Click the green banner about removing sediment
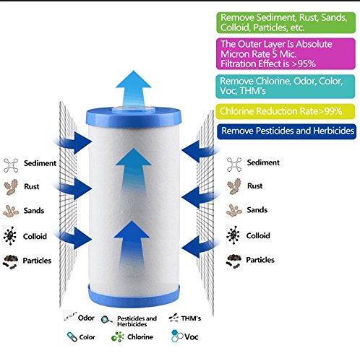(286, 22)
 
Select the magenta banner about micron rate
(286, 53)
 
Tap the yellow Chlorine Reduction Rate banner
(286, 111)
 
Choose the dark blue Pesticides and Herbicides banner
(286, 131)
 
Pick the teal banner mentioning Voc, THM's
(286, 87)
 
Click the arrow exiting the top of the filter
(134, 88)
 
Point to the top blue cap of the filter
(134, 117)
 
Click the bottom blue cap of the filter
(134, 296)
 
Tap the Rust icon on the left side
(11, 187)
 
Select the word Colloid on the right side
(258, 235)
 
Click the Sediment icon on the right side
(234, 165)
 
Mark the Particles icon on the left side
(10, 261)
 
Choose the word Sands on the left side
(34, 211)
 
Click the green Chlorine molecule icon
(118, 336)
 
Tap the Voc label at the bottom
(192, 336)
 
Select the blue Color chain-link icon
(72, 336)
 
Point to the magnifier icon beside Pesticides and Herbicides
(107, 320)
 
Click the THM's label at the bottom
(191, 318)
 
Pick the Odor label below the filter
(86, 318)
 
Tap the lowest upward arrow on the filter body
(132, 243)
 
